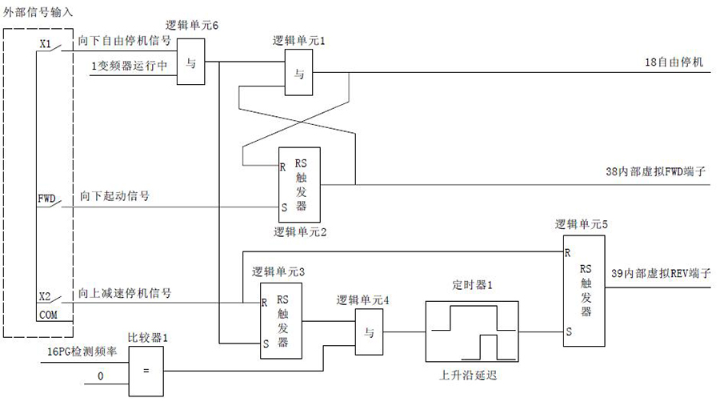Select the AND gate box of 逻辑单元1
pyautogui.click(x=299, y=74)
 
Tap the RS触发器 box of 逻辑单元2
pyautogui.click(x=299, y=185)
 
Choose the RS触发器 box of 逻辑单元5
pyautogui.click(x=584, y=291)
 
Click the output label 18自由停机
pyautogui.click(x=674, y=62)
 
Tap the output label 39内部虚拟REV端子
pyautogui.click(x=661, y=274)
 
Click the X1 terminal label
pyautogui.click(x=46, y=46)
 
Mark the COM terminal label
pyautogui.click(x=48, y=316)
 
